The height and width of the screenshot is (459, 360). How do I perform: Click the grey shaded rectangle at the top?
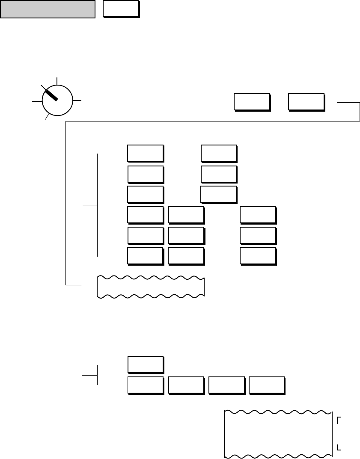pyautogui.click(x=47, y=9)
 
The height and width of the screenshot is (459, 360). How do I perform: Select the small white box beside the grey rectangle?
pyautogui.click(x=121, y=9)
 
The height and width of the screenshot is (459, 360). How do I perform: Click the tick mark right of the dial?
pyautogui.click(x=77, y=101)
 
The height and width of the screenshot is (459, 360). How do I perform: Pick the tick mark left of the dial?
pyautogui.click(x=37, y=101)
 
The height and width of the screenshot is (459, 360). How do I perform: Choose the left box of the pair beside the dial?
pyautogui.click(x=252, y=102)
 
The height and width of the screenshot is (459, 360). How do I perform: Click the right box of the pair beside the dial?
pyautogui.click(x=306, y=102)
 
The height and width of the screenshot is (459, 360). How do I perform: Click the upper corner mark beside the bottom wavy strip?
pyautogui.click(x=339, y=421)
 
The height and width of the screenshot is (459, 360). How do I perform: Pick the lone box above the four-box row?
pyautogui.click(x=146, y=364)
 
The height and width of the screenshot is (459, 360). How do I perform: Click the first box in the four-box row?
pyautogui.click(x=146, y=385)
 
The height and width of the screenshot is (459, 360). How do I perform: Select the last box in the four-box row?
pyautogui.click(x=267, y=385)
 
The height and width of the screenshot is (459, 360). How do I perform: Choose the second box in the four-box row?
pyautogui.click(x=186, y=385)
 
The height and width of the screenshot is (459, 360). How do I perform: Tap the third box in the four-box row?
pyautogui.click(x=226, y=385)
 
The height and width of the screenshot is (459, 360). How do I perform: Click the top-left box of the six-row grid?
pyautogui.click(x=146, y=154)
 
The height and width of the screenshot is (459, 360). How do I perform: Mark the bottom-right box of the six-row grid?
pyautogui.click(x=258, y=255)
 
